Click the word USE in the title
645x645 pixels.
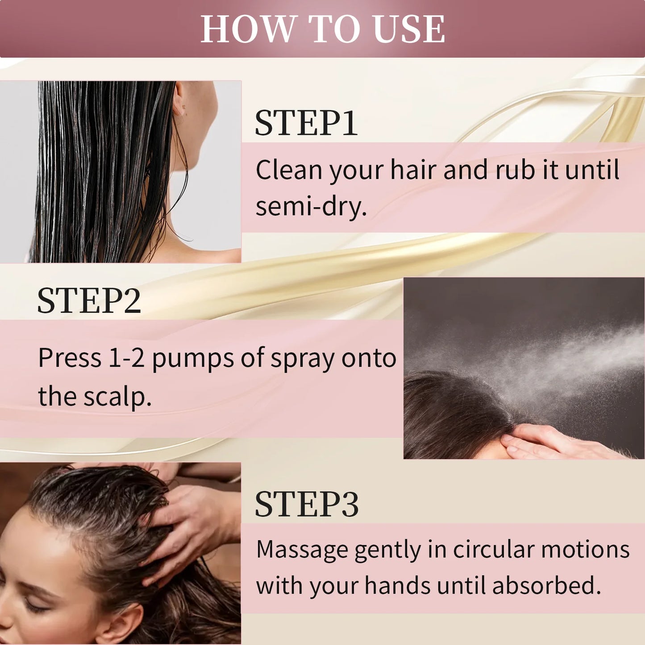(x=409, y=29)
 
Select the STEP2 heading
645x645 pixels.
(x=89, y=300)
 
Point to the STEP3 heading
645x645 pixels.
(x=307, y=505)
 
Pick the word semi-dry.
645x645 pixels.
(x=311, y=207)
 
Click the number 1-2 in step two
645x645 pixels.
(x=127, y=358)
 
